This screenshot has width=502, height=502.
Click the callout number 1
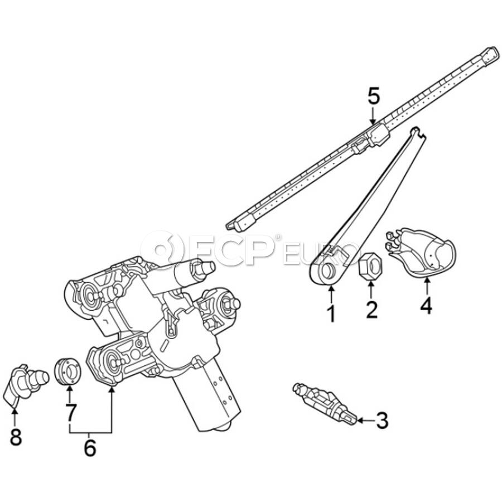[x=331, y=313]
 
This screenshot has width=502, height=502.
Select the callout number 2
[x=371, y=310]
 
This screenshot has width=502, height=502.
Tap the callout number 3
[x=382, y=421]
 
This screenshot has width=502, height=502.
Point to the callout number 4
[x=427, y=306]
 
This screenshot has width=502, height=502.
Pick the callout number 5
[x=373, y=96]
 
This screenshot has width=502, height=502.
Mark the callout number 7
[x=70, y=412]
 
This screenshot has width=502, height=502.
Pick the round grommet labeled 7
[x=67, y=371]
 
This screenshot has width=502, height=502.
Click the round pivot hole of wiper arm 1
[x=327, y=271]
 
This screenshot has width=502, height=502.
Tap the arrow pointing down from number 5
[x=373, y=115]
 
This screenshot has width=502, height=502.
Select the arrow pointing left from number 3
[x=365, y=421]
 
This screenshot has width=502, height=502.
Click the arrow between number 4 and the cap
[x=427, y=286]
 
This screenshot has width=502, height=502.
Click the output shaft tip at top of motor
[x=207, y=267]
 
